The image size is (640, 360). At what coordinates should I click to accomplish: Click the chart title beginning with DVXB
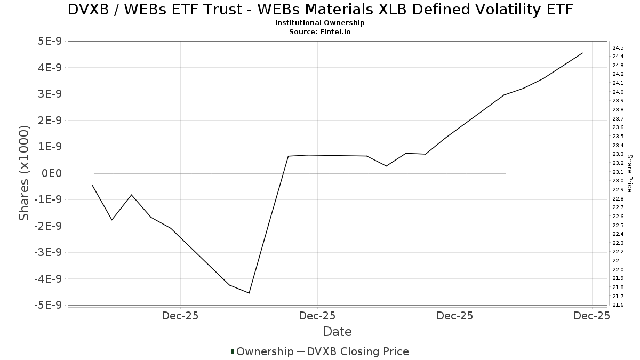(x=320, y=9)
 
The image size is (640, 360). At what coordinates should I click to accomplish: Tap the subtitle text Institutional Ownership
(x=320, y=23)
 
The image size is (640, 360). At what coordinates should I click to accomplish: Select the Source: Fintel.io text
(x=320, y=31)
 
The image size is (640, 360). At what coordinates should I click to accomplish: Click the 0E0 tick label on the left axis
(x=52, y=173)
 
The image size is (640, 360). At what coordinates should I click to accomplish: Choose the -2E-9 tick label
(x=49, y=226)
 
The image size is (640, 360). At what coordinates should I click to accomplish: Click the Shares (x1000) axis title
(x=24, y=173)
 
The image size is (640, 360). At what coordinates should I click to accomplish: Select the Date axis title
(x=337, y=332)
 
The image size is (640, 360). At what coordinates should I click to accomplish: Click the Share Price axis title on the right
(x=630, y=173)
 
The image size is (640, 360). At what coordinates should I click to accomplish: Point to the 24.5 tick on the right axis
(x=618, y=47)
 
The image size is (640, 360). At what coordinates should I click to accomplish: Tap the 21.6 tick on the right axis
(x=618, y=305)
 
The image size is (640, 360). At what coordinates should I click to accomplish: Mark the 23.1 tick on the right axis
(x=618, y=172)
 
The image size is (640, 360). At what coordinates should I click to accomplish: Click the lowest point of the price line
(x=249, y=293)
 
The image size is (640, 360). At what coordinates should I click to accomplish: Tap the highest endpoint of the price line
(x=582, y=53)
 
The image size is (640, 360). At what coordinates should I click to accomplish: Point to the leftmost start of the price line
(x=92, y=185)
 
